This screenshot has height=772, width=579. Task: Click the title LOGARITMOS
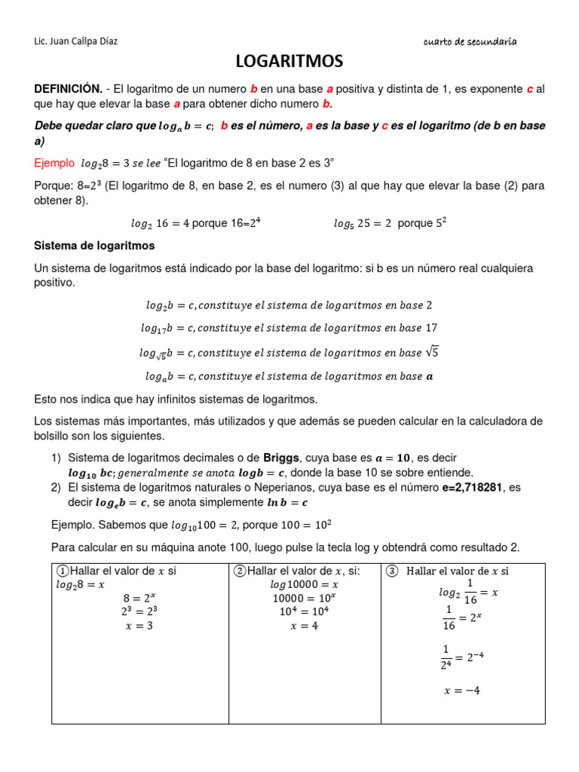click(x=289, y=61)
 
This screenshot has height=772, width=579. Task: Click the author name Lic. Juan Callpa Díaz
click(x=76, y=41)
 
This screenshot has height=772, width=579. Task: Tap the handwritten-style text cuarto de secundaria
click(x=470, y=42)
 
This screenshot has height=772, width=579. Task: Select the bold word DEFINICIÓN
click(x=68, y=89)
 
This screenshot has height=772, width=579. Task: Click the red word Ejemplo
click(x=54, y=163)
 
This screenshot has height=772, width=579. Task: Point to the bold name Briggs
click(x=281, y=458)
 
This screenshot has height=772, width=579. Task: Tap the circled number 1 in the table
click(x=63, y=571)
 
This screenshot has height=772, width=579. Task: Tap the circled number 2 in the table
click(x=240, y=571)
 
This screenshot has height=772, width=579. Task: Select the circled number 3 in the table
click(x=391, y=571)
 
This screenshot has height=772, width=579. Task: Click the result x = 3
click(x=139, y=625)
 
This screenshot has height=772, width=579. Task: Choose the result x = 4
click(x=305, y=626)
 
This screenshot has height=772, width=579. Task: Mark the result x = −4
click(x=463, y=690)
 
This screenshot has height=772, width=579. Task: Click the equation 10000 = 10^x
click(x=305, y=598)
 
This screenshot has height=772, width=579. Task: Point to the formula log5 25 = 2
click(x=363, y=223)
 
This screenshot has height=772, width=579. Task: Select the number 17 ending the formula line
click(x=431, y=328)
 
